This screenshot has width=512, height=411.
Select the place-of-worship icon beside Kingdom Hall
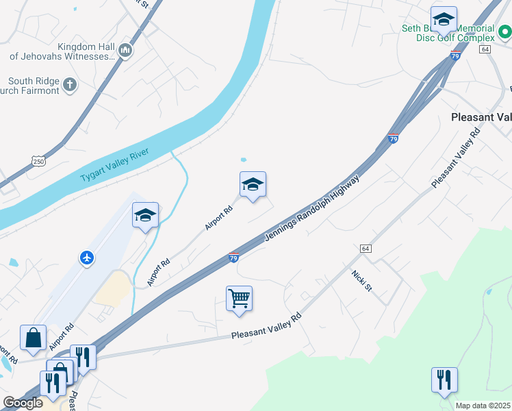pos(125,50)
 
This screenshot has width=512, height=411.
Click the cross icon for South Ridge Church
pos(69,86)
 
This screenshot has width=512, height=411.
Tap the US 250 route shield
pos(38,160)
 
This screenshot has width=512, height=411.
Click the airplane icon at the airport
pos(87,258)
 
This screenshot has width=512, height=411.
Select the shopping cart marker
pos(239,298)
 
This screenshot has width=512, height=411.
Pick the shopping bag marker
pos(33,337)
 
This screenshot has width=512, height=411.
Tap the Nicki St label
pos(361,282)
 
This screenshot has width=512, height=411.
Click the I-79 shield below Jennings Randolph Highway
pos(233,258)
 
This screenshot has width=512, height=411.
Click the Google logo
pos(23,403)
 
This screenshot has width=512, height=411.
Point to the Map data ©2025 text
pos(483,406)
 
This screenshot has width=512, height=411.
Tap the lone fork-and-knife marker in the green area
pos(444,379)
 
